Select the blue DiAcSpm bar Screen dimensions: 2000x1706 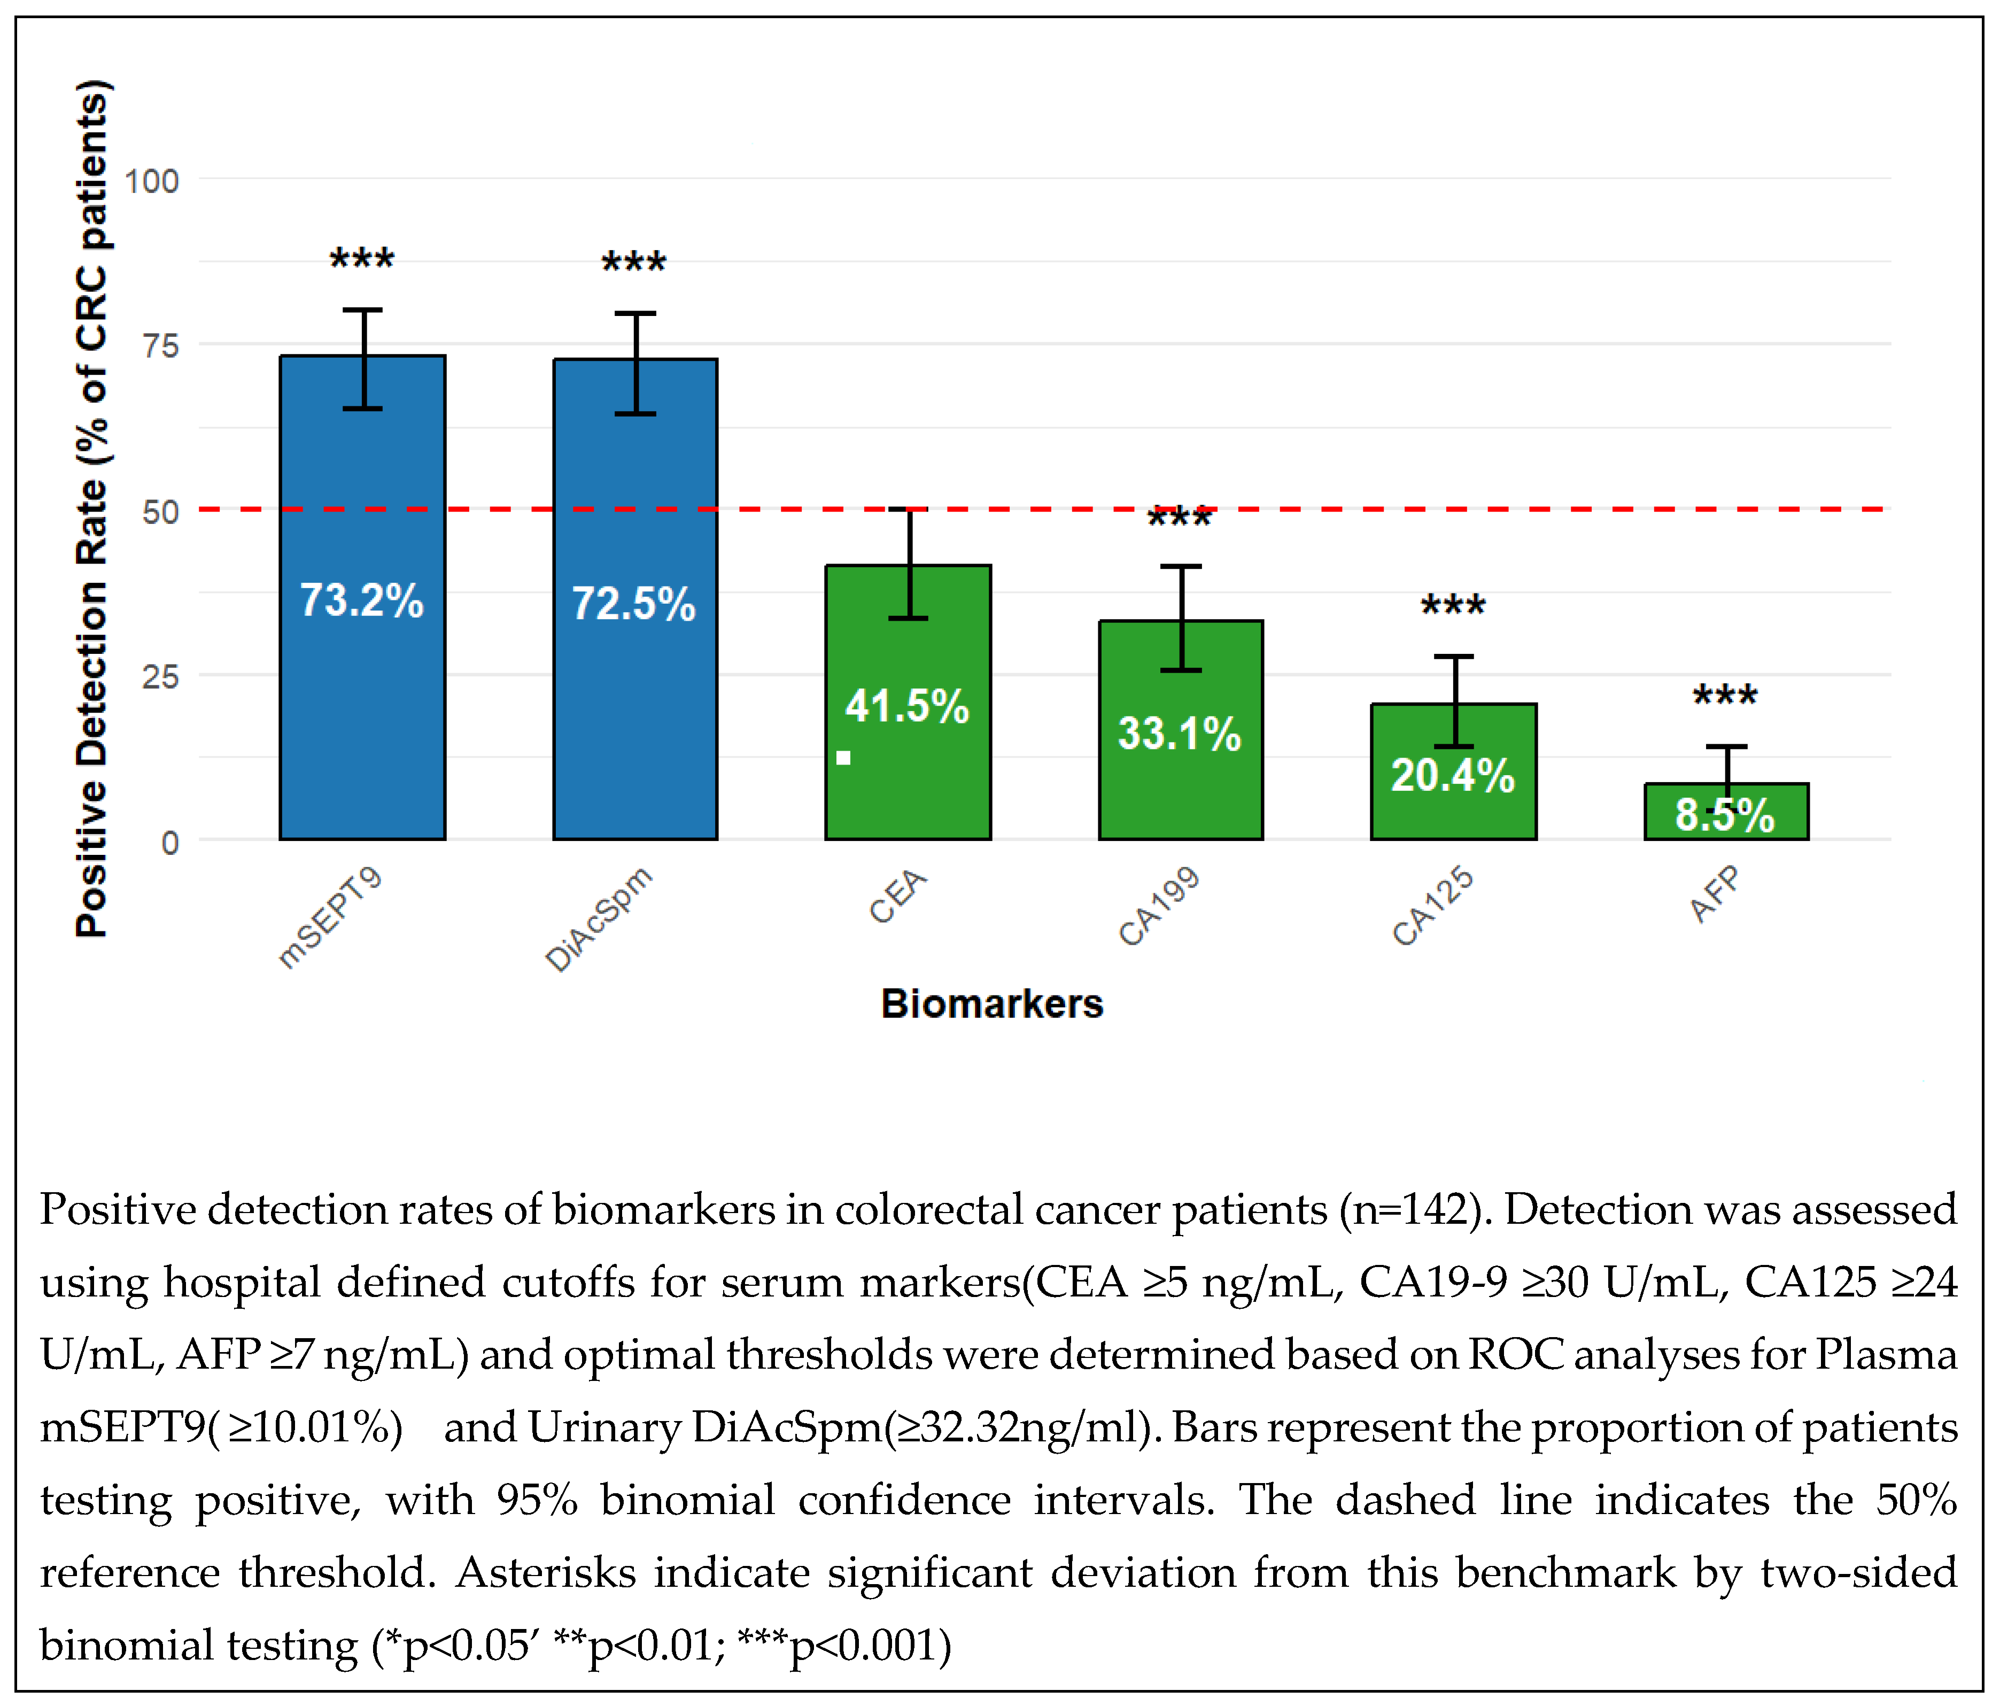click(635, 599)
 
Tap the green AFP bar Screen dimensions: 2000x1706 click(1727, 812)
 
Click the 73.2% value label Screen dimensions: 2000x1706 click(362, 600)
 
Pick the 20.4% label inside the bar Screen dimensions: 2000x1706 click(1453, 775)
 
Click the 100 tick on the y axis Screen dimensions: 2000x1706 click(152, 182)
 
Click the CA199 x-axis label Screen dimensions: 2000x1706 click(1159, 906)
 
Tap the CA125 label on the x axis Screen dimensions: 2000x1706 click(1432, 906)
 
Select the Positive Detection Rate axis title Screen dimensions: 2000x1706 click(92, 509)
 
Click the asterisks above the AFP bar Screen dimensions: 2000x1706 click(1726, 695)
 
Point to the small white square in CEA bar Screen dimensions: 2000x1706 click(843, 758)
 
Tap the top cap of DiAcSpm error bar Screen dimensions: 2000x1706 click(636, 314)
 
